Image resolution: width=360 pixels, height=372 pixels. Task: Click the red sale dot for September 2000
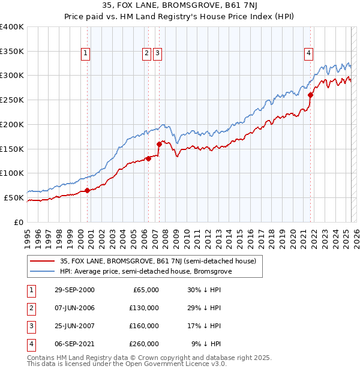tap(87, 190)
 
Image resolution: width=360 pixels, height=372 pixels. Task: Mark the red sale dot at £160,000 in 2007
tap(159, 144)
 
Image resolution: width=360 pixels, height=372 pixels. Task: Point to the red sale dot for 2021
tap(310, 95)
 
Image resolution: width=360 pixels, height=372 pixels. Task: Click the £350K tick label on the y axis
tap(12, 52)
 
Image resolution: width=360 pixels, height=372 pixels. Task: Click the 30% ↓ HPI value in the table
tap(205, 290)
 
